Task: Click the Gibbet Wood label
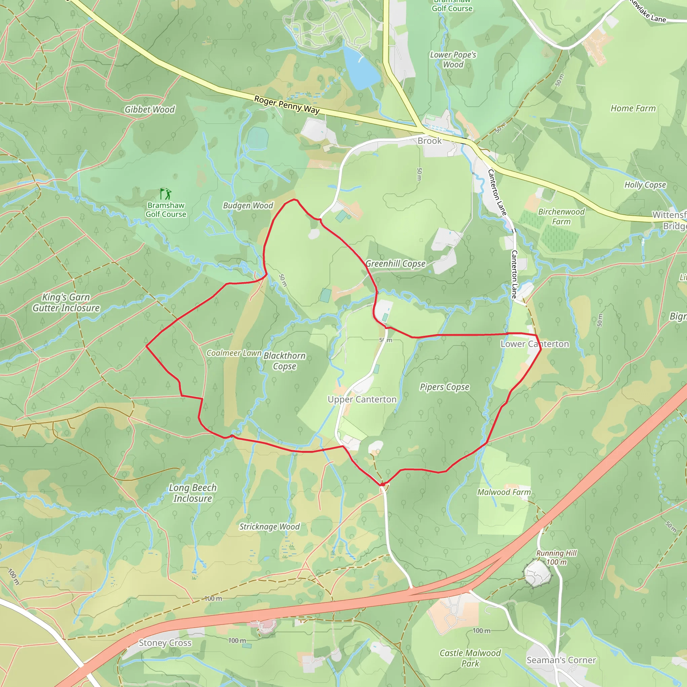click(149, 109)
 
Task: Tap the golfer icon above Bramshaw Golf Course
click(166, 194)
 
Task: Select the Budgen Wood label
click(248, 206)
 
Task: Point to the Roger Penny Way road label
click(286, 105)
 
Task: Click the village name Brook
click(430, 141)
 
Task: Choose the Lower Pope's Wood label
click(453, 60)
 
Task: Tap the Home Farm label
click(633, 108)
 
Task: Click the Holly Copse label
click(645, 185)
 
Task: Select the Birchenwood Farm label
click(561, 217)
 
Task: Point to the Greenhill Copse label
click(395, 263)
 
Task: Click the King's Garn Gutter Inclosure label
click(66, 303)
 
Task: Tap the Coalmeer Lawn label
click(234, 353)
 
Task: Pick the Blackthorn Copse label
click(284, 361)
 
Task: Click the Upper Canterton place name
click(362, 400)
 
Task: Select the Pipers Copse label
click(444, 387)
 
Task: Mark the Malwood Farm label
click(504, 492)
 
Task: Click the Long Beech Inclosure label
click(193, 493)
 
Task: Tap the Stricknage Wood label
click(270, 527)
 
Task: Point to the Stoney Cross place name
click(165, 643)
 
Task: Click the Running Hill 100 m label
click(557, 558)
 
